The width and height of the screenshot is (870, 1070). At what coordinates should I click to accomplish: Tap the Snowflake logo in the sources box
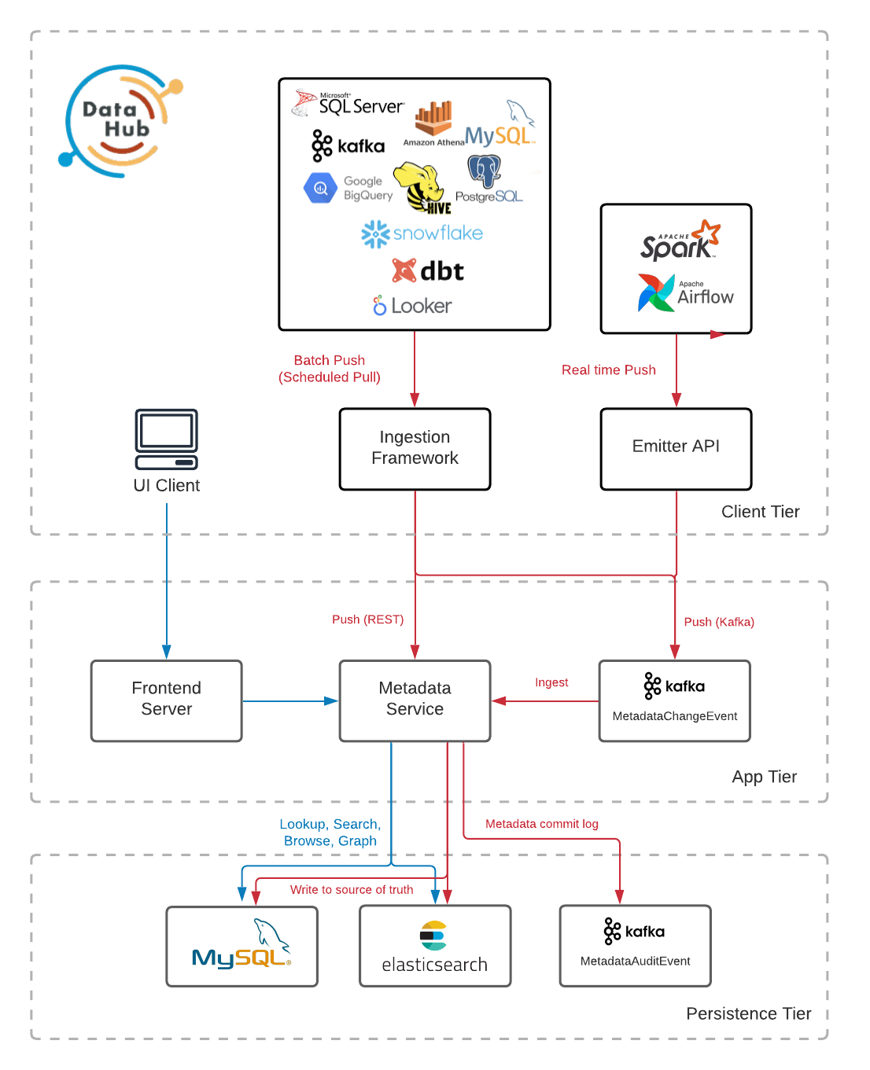(422, 233)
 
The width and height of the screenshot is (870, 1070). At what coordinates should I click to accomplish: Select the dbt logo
(428, 271)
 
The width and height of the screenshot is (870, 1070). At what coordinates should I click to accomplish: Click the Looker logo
(412, 306)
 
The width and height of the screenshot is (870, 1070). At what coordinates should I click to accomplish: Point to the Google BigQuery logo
(348, 189)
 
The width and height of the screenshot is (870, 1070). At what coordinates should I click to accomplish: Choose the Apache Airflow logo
(685, 293)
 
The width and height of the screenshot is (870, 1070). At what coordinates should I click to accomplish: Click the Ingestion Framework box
(415, 448)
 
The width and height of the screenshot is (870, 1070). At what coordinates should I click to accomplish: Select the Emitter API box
(676, 448)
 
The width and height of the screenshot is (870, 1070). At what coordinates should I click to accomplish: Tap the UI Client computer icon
(166, 439)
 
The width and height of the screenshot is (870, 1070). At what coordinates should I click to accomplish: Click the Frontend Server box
(166, 700)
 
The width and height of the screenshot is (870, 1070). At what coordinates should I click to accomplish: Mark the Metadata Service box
(415, 700)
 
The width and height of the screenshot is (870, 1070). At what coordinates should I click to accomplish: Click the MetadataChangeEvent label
(674, 716)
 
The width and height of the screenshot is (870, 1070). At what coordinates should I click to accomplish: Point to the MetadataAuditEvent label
(635, 961)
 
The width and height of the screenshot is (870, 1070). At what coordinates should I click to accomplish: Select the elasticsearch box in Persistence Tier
(435, 946)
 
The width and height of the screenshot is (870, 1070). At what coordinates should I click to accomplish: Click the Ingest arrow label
(551, 682)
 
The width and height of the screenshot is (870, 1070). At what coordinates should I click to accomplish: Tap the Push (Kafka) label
(719, 622)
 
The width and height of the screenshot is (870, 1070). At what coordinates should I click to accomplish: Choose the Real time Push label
(608, 370)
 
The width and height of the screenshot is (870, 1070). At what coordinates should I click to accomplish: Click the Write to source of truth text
(352, 890)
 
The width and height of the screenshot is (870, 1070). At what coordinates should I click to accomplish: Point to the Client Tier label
(760, 512)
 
